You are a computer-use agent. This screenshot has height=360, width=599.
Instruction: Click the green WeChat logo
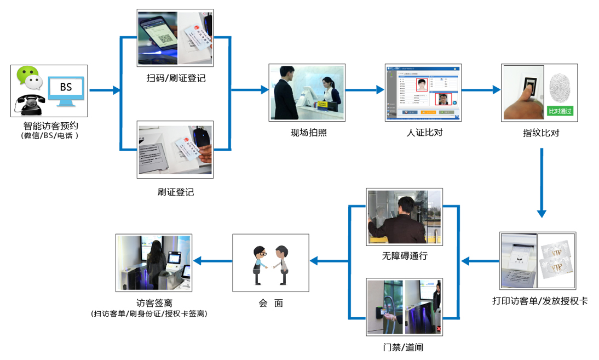click(x=28, y=77)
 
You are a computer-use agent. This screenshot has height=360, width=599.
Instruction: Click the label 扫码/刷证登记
click(x=175, y=78)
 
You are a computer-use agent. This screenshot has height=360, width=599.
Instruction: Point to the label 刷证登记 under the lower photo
click(x=175, y=192)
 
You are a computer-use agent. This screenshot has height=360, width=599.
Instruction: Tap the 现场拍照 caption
click(x=308, y=132)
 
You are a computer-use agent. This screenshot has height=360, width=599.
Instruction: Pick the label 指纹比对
click(x=541, y=133)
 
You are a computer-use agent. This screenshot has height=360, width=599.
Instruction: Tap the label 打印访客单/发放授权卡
click(x=540, y=301)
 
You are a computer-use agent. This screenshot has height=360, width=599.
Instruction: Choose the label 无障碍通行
click(x=405, y=256)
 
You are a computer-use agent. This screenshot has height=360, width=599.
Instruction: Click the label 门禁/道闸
click(x=404, y=347)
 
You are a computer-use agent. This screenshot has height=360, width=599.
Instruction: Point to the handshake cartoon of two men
click(x=270, y=263)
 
